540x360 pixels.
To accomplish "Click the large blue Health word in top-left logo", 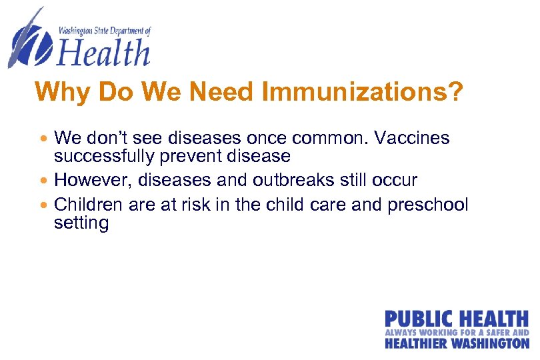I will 105,53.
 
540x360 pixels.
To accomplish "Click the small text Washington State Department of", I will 105,31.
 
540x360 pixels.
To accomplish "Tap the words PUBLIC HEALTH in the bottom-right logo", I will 456,319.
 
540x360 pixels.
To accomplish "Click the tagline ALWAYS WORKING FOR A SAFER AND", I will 457,332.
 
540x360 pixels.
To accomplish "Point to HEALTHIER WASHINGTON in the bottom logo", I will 457,343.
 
